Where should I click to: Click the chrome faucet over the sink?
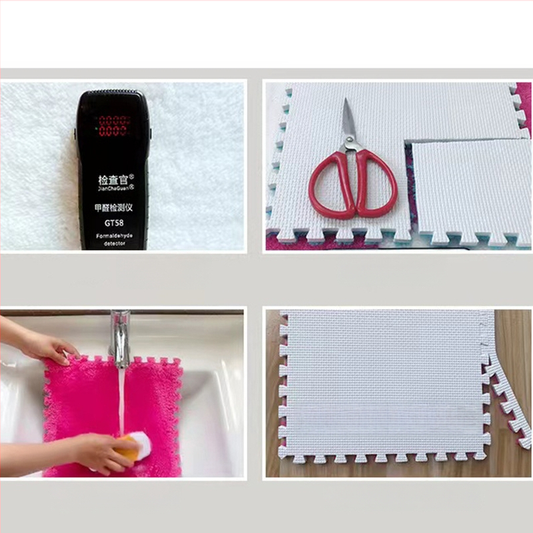pyautogui.click(x=120, y=336)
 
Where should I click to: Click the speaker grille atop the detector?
pyautogui.click(x=111, y=92)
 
